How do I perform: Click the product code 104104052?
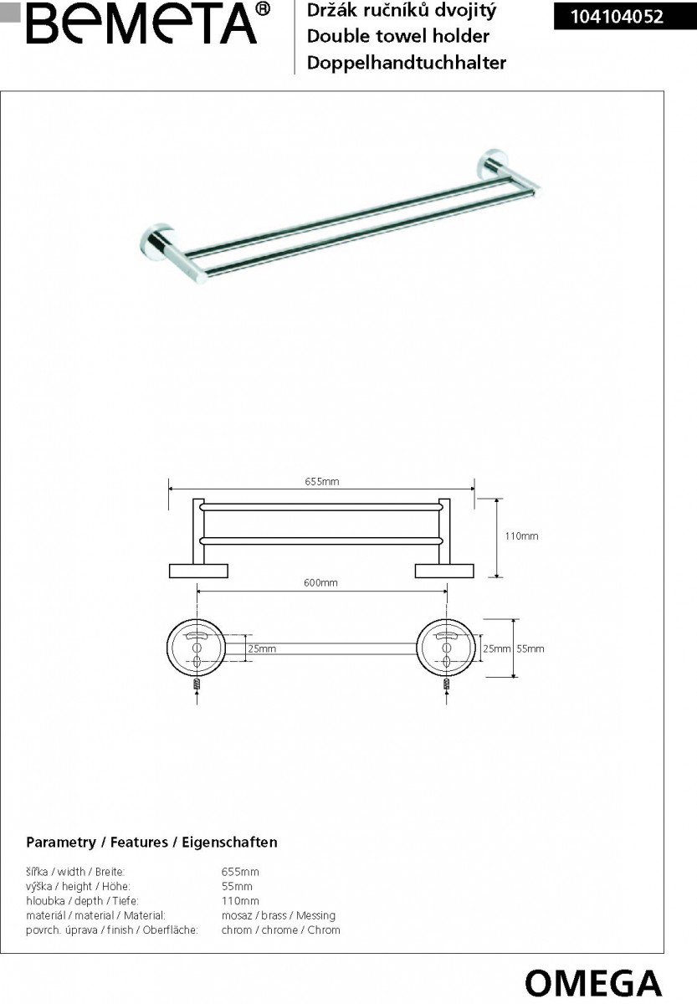point(617,17)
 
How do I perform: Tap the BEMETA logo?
point(148,23)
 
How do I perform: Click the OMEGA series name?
point(593,983)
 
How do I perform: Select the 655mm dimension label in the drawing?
point(322,482)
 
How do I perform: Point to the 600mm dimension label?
point(320,582)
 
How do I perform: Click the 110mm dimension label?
point(521,536)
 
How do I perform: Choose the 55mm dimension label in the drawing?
point(530,648)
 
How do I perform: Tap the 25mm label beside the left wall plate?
point(262,648)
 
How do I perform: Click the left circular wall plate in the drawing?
point(197,648)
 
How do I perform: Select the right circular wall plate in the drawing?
point(446,648)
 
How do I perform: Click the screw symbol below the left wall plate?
point(197,684)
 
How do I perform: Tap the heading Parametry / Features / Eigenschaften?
point(151,843)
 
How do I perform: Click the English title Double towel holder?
point(398,36)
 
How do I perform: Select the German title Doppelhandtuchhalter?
point(407,63)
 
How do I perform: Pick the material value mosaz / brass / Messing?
point(279,915)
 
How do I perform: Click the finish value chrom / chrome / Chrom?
point(280,930)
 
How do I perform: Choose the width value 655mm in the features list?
point(240,872)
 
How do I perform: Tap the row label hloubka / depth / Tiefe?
point(83,901)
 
